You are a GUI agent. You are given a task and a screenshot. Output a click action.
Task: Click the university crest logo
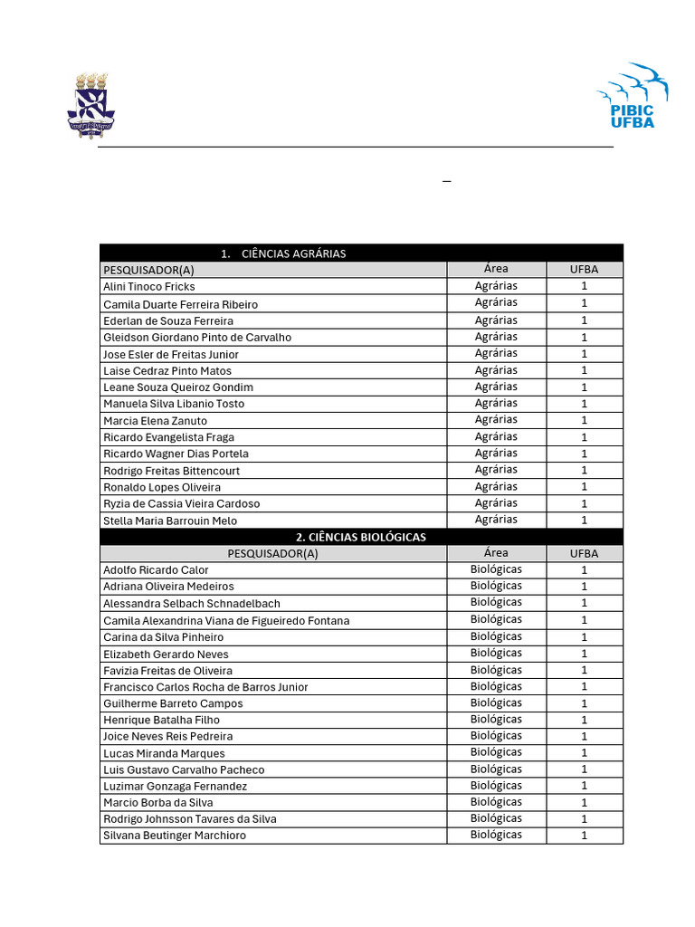point(90,105)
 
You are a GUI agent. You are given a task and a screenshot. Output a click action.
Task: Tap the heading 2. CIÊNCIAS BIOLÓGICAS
point(360,537)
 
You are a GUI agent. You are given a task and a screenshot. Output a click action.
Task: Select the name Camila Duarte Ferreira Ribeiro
point(180,304)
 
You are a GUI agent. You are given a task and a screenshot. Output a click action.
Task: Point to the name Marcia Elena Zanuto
point(155,421)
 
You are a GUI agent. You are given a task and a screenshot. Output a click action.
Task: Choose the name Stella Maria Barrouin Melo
point(170,521)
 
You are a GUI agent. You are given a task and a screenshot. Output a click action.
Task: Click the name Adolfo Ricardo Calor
point(156,570)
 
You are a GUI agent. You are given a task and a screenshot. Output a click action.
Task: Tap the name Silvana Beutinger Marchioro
point(175,836)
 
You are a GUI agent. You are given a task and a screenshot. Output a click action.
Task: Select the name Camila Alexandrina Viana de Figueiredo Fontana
point(226,621)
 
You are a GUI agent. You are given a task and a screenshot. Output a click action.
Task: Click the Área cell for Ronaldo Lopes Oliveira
point(496,486)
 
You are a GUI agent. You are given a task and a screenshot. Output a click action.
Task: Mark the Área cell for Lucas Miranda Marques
point(496,752)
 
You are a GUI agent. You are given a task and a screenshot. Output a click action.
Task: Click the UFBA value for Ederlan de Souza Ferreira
point(584,320)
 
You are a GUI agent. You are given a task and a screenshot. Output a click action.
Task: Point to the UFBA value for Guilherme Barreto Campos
point(584,703)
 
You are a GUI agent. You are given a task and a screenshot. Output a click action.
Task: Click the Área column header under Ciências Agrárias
point(496,269)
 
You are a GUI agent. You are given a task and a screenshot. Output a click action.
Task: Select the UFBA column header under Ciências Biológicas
point(584,553)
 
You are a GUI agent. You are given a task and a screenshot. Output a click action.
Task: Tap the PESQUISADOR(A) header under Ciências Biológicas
point(272,554)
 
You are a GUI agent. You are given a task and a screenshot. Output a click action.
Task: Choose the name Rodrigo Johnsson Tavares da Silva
point(190,819)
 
